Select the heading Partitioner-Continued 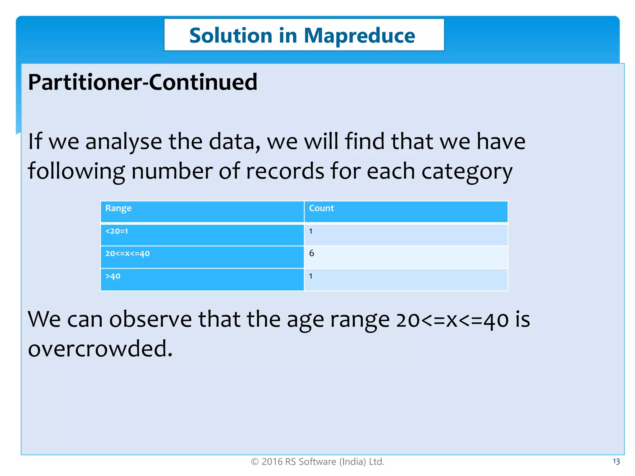(143, 82)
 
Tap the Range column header (118, 208)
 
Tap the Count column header (321, 208)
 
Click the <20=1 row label (117, 231)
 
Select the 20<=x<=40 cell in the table (127, 254)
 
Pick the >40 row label (113, 276)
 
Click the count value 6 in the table (312, 253)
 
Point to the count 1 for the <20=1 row (311, 231)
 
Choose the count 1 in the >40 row (311, 276)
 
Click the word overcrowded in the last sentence (100, 349)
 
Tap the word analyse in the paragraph (123, 142)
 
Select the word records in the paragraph (285, 171)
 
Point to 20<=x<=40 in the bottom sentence (452, 320)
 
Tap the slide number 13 (616, 462)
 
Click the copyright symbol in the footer (255, 462)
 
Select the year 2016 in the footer (272, 462)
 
